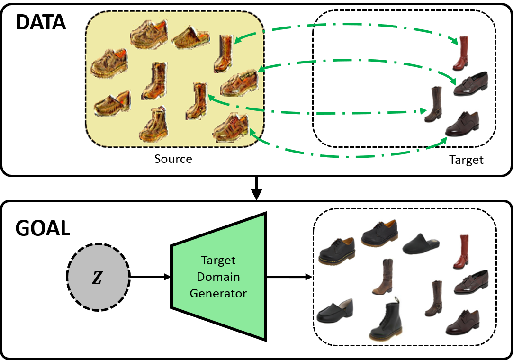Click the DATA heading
(x=40, y=22)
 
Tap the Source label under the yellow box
(x=173, y=159)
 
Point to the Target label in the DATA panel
(x=466, y=160)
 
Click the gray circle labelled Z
(x=98, y=277)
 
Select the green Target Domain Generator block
(x=218, y=277)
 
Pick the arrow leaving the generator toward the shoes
(x=289, y=277)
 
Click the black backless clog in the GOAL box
(x=421, y=243)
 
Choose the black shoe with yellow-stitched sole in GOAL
(x=337, y=251)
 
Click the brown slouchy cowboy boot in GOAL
(x=383, y=277)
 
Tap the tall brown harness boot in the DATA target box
(x=432, y=105)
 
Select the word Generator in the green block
(x=218, y=293)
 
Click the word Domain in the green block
(x=218, y=277)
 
